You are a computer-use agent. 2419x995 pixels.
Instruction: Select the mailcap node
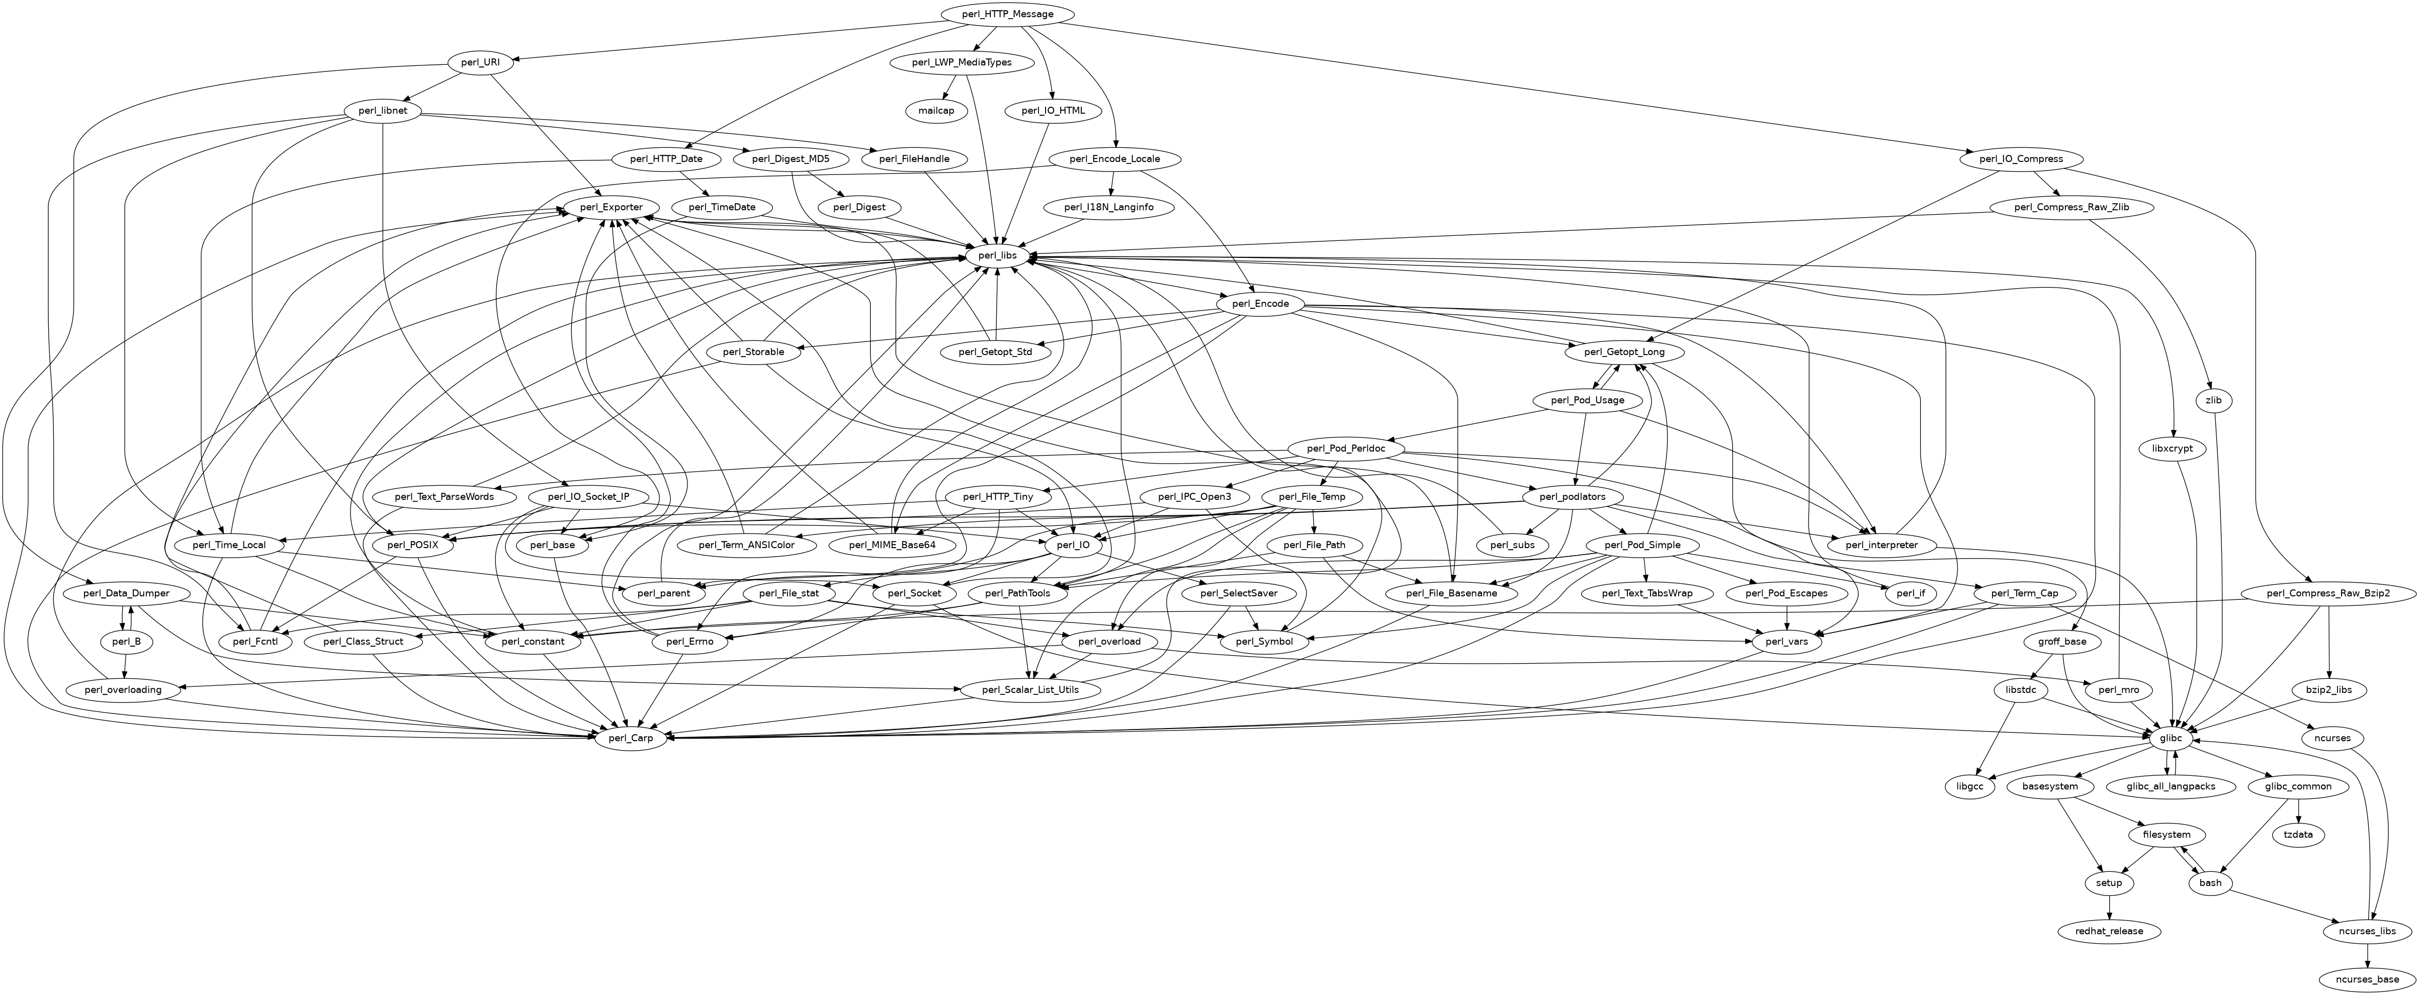[936, 111]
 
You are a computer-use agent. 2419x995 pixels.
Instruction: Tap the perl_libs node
[995, 255]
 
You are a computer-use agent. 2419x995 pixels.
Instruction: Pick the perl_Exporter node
[611, 207]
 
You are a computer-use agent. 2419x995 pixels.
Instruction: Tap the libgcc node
[1969, 787]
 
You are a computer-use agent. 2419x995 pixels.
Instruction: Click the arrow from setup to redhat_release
[2109, 907]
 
